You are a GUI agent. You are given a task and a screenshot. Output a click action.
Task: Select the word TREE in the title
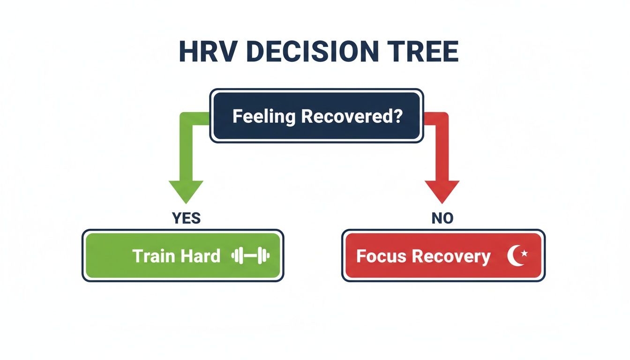tap(424, 53)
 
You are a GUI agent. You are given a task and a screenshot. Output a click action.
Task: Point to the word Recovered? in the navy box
tap(352, 116)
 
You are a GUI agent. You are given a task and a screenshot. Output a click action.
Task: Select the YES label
tap(186, 218)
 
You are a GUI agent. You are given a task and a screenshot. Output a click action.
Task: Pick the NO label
tap(442, 218)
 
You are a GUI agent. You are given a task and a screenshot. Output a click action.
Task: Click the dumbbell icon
tap(251, 256)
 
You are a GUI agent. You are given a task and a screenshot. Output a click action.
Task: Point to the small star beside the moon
tap(524, 254)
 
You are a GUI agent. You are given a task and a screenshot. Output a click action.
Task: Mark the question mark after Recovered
tap(398, 116)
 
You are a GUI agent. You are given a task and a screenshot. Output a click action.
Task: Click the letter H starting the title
tap(189, 53)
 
